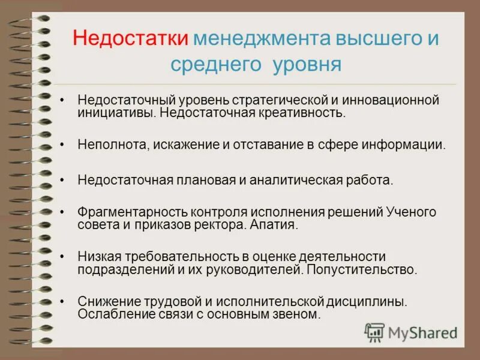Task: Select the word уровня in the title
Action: point(307,64)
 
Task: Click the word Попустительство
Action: point(361,269)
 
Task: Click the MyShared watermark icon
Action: point(375,332)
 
